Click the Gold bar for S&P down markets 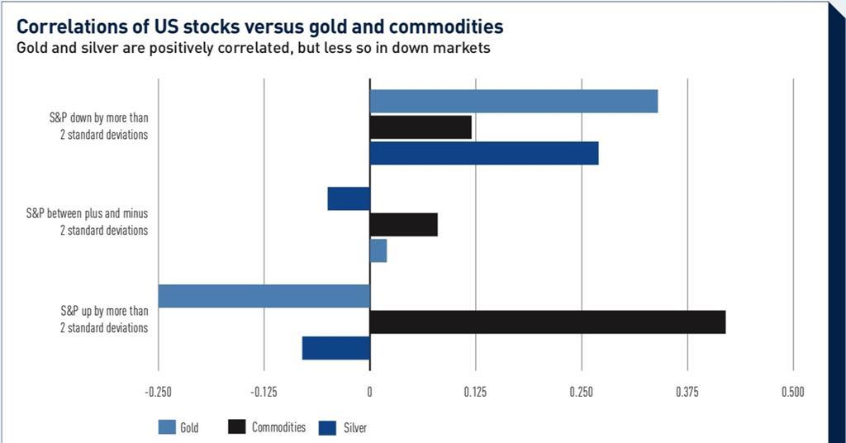pyautogui.click(x=513, y=101)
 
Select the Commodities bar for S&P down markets pyautogui.click(x=421, y=127)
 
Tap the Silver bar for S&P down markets pyautogui.click(x=483, y=154)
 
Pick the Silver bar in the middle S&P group pyautogui.click(x=349, y=199)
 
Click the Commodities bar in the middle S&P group pyautogui.click(x=403, y=225)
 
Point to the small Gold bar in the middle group pyautogui.click(x=378, y=250)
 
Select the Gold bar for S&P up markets pyautogui.click(x=264, y=296)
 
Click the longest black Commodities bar pyautogui.click(x=547, y=322)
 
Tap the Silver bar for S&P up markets pyautogui.click(x=335, y=348)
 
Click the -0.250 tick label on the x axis pyautogui.click(x=158, y=392)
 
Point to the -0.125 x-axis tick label pyautogui.click(x=264, y=392)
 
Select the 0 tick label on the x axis pyautogui.click(x=369, y=392)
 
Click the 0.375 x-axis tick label pyautogui.click(x=687, y=392)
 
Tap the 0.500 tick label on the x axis pyautogui.click(x=792, y=392)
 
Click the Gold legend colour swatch pyautogui.click(x=167, y=427)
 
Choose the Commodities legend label pyautogui.click(x=278, y=427)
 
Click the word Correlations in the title pyautogui.click(x=69, y=26)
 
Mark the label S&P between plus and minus pyautogui.click(x=87, y=214)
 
